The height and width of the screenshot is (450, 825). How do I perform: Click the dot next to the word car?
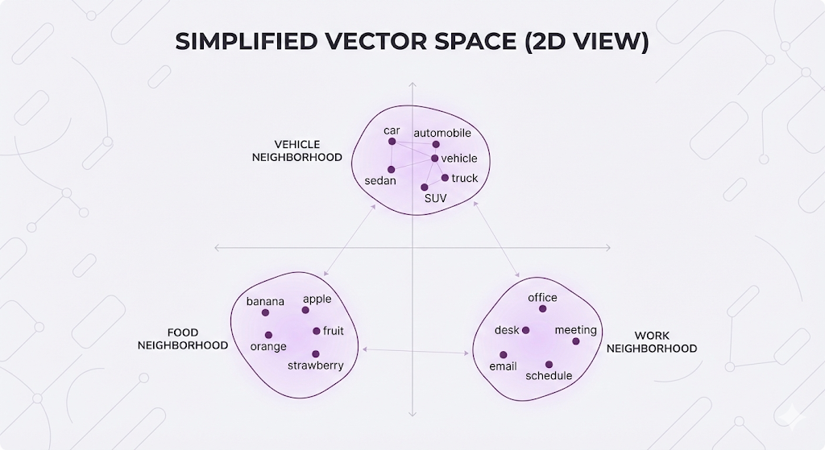tap(392, 142)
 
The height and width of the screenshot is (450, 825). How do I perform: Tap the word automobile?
tap(442, 133)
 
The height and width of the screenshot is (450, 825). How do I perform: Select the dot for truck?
tap(445, 178)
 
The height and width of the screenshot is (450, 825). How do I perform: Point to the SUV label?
tap(435, 198)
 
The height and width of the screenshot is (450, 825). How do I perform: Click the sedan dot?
tap(391, 169)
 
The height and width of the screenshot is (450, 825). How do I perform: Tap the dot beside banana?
tap(265, 312)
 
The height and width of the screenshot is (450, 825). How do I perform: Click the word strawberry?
tap(316, 365)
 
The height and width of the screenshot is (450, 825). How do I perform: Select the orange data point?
tap(268, 335)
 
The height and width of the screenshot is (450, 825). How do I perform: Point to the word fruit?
tap(333, 331)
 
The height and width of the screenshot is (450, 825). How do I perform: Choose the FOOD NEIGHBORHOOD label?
tap(183, 339)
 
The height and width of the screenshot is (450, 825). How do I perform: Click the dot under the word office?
tap(542, 308)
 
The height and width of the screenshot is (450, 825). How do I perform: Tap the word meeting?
tap(575, 330)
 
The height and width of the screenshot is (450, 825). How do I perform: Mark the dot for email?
tap(504, 354)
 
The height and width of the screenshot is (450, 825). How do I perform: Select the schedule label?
tap(549, 376)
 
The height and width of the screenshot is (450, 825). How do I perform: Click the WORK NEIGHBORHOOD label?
tap(651, 342)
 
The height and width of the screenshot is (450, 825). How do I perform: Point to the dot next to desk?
tap(526, 330)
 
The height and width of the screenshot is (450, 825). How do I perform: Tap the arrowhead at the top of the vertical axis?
tap(412, 83)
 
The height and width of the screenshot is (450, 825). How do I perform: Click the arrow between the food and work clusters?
tap(417, 350)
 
